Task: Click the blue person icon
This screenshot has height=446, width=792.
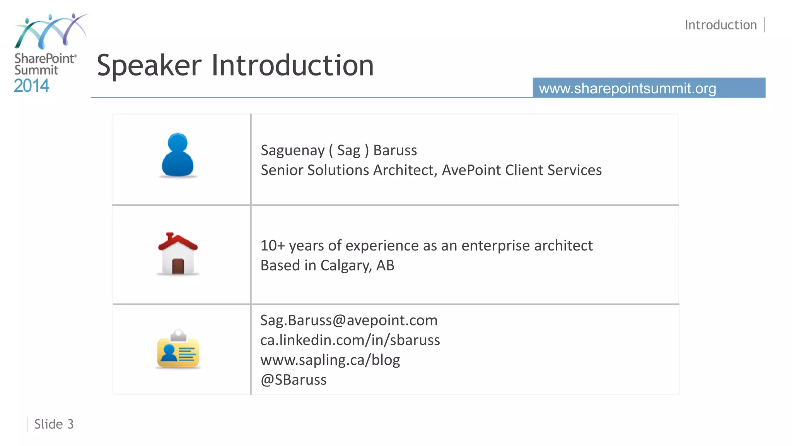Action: pyautogui.click(x=178, y=155)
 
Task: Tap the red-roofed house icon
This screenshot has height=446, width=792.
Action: pyautogui.click(x=178, y=254)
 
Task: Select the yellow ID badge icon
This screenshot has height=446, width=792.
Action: pyautogui.click(x=178, y=350)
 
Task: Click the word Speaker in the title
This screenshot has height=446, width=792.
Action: pyautogui.click(x=149, y=65)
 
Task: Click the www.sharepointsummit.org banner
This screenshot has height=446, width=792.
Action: pyautogui.click(x=649, y=88)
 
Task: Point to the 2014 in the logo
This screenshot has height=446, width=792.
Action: pyautogui.click(x=31, y=86)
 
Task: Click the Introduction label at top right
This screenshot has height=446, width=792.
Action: pyautogui.click(x=720, y=25)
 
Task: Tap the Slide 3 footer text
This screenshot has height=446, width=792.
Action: pyautogui.click(x=54, y=424)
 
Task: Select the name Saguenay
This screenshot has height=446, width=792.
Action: pyautogui.click(x=292, y=151)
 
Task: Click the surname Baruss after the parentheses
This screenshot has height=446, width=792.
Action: pyautogui.click(x=395, y=150)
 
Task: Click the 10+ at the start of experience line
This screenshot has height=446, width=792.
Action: pyautogui.click(x=272, y=245)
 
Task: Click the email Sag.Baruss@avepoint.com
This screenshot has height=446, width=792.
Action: pyautogui.click(x=348, y=320)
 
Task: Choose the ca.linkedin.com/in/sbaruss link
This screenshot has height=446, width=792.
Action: pyautogui.click(x=350, y=340)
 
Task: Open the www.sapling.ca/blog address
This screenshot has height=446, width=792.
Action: pyautogui.click(x=330, y=360)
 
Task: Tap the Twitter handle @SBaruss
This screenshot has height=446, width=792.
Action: pyautogui.click(x=294, y=380)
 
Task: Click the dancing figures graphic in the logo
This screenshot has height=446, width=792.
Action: pyautogui.click(x=50, y=32)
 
